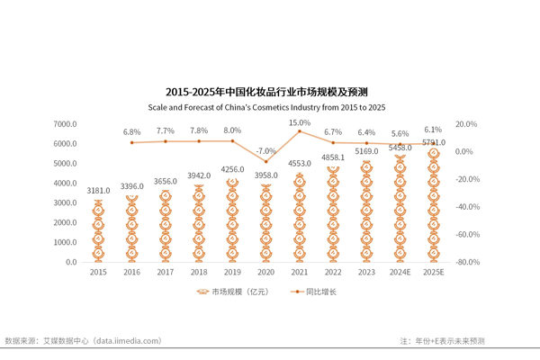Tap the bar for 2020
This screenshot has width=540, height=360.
tap(265, 223)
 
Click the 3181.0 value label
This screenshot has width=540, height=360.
tap(98, 191)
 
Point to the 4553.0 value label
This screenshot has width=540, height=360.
tap(299, 164)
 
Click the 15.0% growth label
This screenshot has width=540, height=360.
tap(299, 122)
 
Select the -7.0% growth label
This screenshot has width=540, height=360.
tap(265, 151)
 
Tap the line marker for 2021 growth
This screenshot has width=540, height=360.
tap(299, 131)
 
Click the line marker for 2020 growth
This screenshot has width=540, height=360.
tap(265, 162)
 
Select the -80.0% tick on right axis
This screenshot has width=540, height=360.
tap(467, 263)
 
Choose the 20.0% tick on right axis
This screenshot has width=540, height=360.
tap(465, 124)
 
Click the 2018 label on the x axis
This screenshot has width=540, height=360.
tap(199, 272)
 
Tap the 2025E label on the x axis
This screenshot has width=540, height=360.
tap(433, 272)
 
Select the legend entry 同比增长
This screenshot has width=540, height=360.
tap(319, 292)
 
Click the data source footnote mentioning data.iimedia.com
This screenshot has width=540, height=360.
tap(83, 341)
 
